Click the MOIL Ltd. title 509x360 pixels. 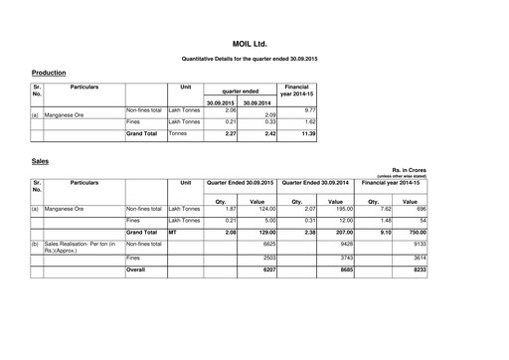point(254,45)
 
